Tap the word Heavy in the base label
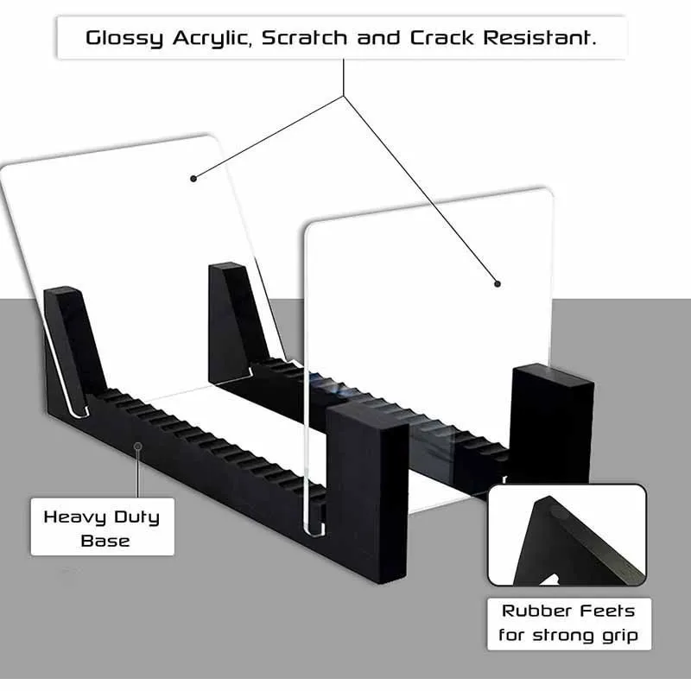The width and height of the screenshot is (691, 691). [x=74, y=517]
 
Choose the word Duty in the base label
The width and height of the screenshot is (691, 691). [x=136, y=517]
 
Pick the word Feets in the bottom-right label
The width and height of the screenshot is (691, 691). [x=605, y=612]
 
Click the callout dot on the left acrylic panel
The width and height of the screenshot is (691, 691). [x=193, y=179]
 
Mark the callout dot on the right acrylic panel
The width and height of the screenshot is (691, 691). [x=498, y=282]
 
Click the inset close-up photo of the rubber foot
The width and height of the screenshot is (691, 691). [x=567, y=535]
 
